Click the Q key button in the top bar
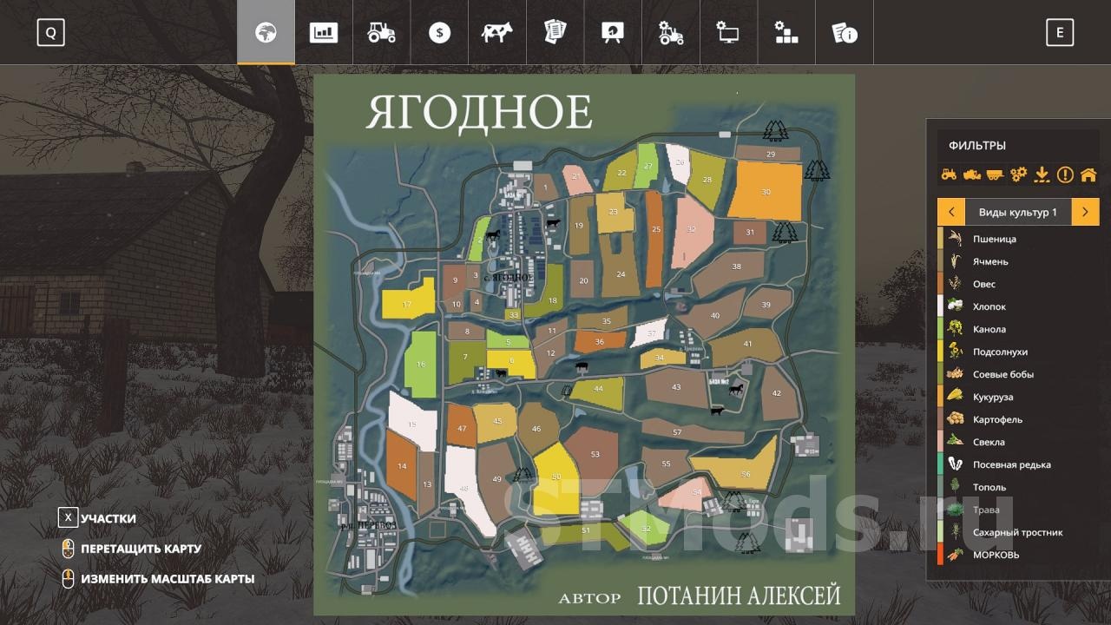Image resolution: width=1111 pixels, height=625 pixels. [50, 33]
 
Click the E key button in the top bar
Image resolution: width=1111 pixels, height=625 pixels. [1059, 33]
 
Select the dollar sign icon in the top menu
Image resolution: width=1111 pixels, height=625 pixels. [439, 33]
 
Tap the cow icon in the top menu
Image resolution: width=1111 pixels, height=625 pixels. [497, 33]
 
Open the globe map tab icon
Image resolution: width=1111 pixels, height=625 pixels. [266, 33]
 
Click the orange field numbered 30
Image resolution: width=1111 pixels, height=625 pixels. [765, 192]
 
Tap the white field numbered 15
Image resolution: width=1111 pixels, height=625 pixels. [411, 423]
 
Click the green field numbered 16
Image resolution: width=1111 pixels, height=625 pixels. [421, 365]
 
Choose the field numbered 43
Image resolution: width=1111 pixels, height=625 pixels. [676, 387]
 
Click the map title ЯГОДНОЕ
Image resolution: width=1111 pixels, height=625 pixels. [479, 113]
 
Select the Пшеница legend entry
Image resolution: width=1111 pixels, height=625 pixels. [994, 239]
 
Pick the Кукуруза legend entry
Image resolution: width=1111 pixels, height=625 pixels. [993, 397]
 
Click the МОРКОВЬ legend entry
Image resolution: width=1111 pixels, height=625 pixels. [996, 555]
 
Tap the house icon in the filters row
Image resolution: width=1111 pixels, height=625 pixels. [1088, 174]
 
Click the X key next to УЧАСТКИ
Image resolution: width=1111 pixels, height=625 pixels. [68, 518]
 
